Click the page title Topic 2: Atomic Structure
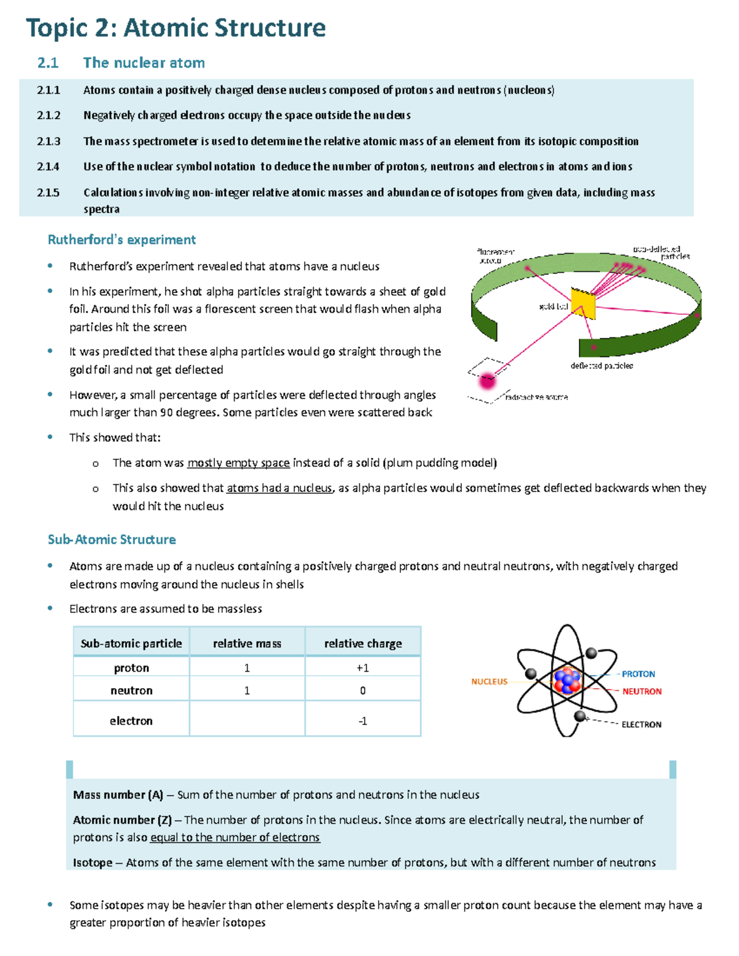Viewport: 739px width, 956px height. point(176,28)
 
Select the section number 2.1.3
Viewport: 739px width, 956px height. point(48,141)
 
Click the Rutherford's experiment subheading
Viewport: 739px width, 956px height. point(121,239)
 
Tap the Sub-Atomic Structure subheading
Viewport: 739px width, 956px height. point(111,539)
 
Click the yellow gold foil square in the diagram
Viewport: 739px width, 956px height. point(583,302)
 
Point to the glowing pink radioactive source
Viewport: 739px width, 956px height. point(488,381)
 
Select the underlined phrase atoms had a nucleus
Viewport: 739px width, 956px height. point(279,488)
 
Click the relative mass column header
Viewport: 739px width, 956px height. point(247,643)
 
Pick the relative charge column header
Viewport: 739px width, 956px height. point(363,643)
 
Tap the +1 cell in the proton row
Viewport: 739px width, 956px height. point(363,668)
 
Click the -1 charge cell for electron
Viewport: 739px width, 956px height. point(363,721)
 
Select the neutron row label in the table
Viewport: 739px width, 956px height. point(131,691)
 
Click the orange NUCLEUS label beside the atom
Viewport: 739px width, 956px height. point(489,681)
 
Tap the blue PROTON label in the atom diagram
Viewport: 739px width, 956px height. point(638,674)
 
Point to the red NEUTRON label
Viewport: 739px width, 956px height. point(642,691)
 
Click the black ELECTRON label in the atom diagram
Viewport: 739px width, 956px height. point(641,725)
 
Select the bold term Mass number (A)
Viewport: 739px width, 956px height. point(118,795)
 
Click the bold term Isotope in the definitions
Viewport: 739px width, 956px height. point(92,862)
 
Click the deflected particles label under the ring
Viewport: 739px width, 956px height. point(601,366)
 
